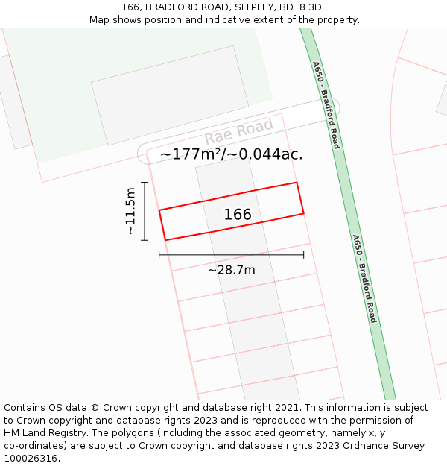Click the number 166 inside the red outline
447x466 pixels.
click(x=238, y=215)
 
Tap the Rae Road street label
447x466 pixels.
click(x=239, y=133)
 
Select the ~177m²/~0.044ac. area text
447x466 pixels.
click(x=231, y=154)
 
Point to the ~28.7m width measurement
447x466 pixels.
click(x=231, y=270)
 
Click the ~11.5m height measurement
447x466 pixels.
click(x=130, y=211)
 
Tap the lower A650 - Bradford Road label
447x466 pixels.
click(x=364, y=279)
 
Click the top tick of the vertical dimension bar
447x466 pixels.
click(x=145, y=182)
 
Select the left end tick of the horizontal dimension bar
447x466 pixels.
click(x=159, y=255)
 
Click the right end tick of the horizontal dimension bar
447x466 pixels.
click(x=303, y=255)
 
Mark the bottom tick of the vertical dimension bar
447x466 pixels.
click(x=145, y=240)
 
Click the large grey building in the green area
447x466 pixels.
click(x=170, y=95)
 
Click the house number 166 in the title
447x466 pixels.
click(x=132, y=7)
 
